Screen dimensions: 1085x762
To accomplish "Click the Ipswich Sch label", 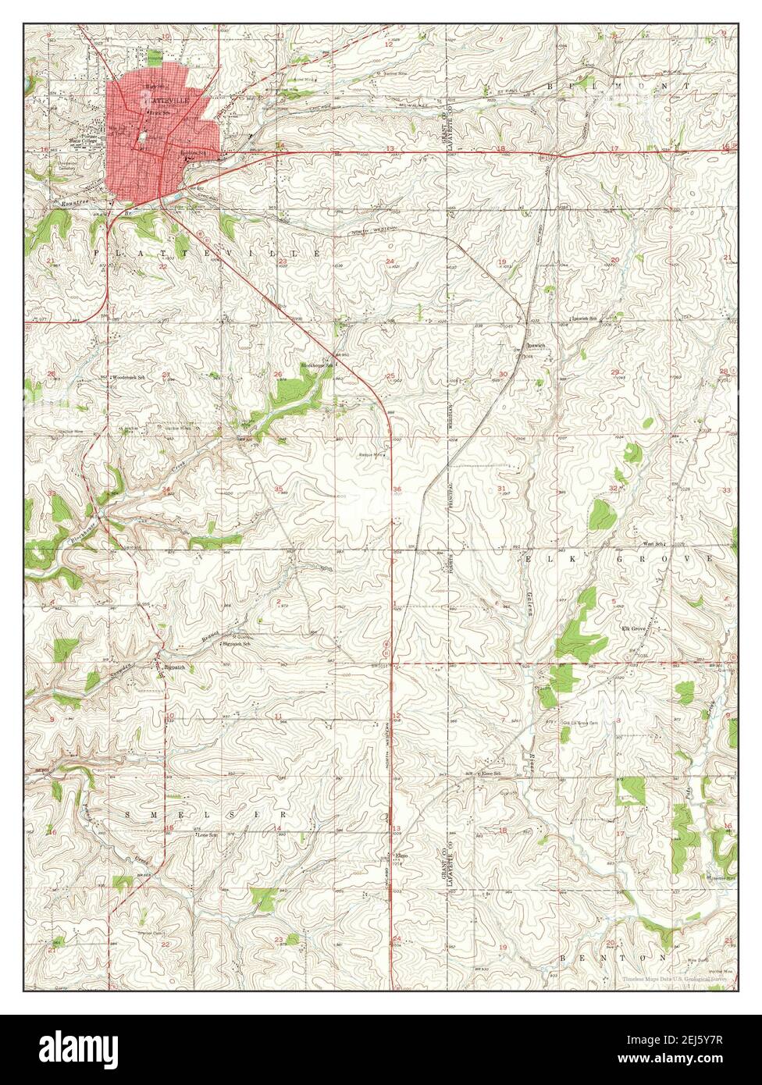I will coord(586,319).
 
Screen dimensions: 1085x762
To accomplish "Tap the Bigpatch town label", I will coord(173,667).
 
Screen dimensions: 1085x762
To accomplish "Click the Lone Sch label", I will coord(206,834).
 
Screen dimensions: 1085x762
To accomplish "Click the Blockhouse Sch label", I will coord(318,365).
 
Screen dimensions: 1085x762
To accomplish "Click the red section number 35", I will coord(280,489).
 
